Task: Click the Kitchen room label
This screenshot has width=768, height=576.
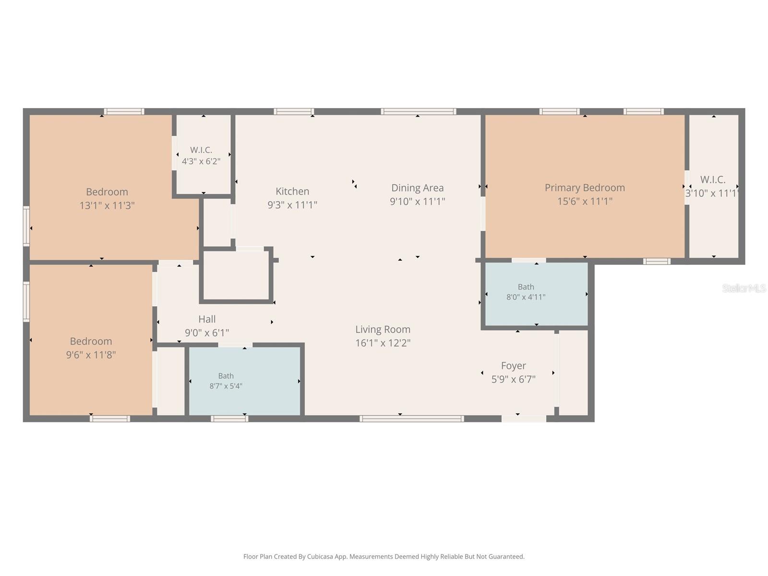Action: pos(292,192)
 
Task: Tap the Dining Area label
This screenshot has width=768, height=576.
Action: pos(417,188)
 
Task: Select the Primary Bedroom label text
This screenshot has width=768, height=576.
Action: pos(584,188)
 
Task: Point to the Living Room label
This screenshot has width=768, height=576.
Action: pos(383,329)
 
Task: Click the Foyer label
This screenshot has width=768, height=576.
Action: pos(513,366)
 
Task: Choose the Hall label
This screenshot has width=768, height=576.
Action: pos(207,319)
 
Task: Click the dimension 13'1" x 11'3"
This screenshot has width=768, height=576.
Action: pos(107,205)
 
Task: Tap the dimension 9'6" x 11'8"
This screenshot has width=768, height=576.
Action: pos(91,355)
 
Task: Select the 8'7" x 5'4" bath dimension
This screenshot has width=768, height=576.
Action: pos(226,386)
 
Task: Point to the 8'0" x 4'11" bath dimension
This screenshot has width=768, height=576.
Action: pos(526,297)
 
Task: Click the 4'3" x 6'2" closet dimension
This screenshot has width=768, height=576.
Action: pos(201,162)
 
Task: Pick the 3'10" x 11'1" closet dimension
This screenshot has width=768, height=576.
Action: pos(712,193)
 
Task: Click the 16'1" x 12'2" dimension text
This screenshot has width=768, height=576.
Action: pos(383,343)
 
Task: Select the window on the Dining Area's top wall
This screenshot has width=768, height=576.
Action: pos(418,111)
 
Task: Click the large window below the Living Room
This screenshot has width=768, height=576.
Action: pos(411,419)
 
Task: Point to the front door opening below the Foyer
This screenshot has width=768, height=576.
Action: pos(524,419)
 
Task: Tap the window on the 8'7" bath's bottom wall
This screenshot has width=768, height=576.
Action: pos(229,419)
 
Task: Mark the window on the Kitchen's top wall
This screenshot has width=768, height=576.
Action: pos(294,111)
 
